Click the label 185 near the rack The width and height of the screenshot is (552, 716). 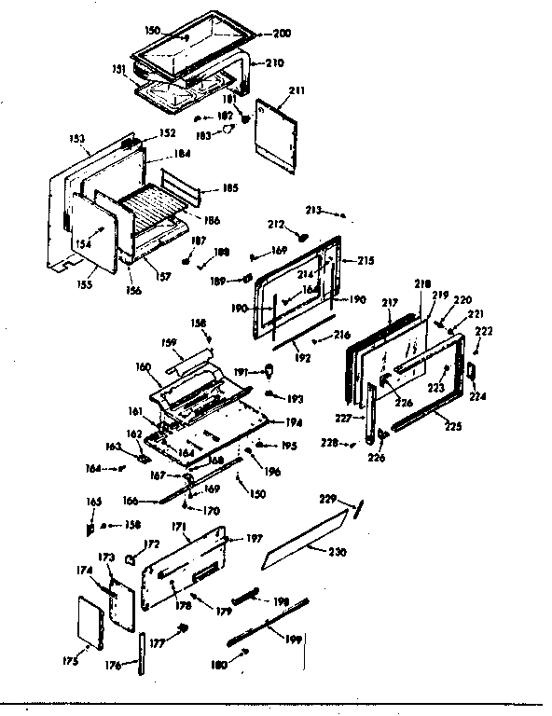coord(230,188)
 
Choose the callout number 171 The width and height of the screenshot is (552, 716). coord(180,527)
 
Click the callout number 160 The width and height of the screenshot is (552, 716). coord(143,366)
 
